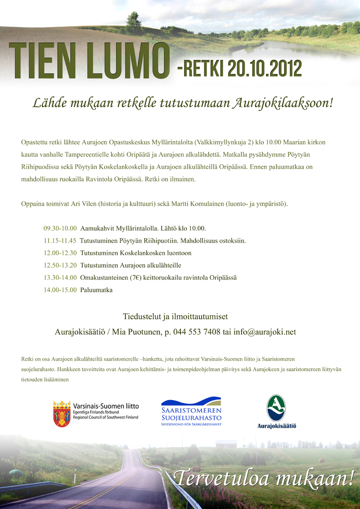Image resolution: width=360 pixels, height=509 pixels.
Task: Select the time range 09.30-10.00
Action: (60, 228)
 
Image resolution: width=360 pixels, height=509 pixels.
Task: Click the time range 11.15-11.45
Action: (60, 240)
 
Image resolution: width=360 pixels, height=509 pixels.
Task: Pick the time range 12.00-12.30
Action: (60, 253)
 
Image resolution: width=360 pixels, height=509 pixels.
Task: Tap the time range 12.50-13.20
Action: (60, 265)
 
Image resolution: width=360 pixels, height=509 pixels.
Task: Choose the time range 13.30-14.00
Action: (60, 278)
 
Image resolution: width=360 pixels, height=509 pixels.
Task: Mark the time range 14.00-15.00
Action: (60, 290)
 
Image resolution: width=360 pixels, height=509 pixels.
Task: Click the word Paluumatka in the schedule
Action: (96, 290)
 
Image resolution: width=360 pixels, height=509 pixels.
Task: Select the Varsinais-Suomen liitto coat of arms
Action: (61, 414)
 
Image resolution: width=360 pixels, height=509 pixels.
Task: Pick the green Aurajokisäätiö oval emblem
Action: (276, 408)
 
